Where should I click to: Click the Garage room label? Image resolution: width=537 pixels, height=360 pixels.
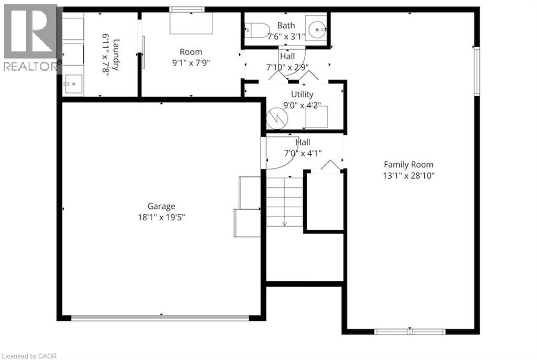(x=161, y=206)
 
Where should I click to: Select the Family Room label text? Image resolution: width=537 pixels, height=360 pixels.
(x=409, y=164)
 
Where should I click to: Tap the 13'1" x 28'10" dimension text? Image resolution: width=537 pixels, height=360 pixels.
(x=409, y=175)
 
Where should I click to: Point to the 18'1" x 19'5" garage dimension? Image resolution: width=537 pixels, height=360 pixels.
(x=161, y=217)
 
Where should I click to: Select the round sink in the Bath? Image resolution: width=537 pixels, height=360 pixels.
(x=316, y=29)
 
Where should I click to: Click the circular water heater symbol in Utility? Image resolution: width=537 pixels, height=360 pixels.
(x=276, y=119)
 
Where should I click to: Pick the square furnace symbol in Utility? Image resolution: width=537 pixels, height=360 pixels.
(x=317, y=117)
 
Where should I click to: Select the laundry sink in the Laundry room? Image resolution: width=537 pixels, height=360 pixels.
(x=71, y=83)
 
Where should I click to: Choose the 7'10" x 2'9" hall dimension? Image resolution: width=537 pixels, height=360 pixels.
(x=287, y=67)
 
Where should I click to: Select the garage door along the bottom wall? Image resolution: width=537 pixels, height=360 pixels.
(x=160, y=317)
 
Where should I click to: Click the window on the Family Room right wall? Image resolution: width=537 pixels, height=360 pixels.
(x=477, y=71)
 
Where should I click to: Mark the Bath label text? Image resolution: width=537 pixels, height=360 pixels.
(x=286, y=25)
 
